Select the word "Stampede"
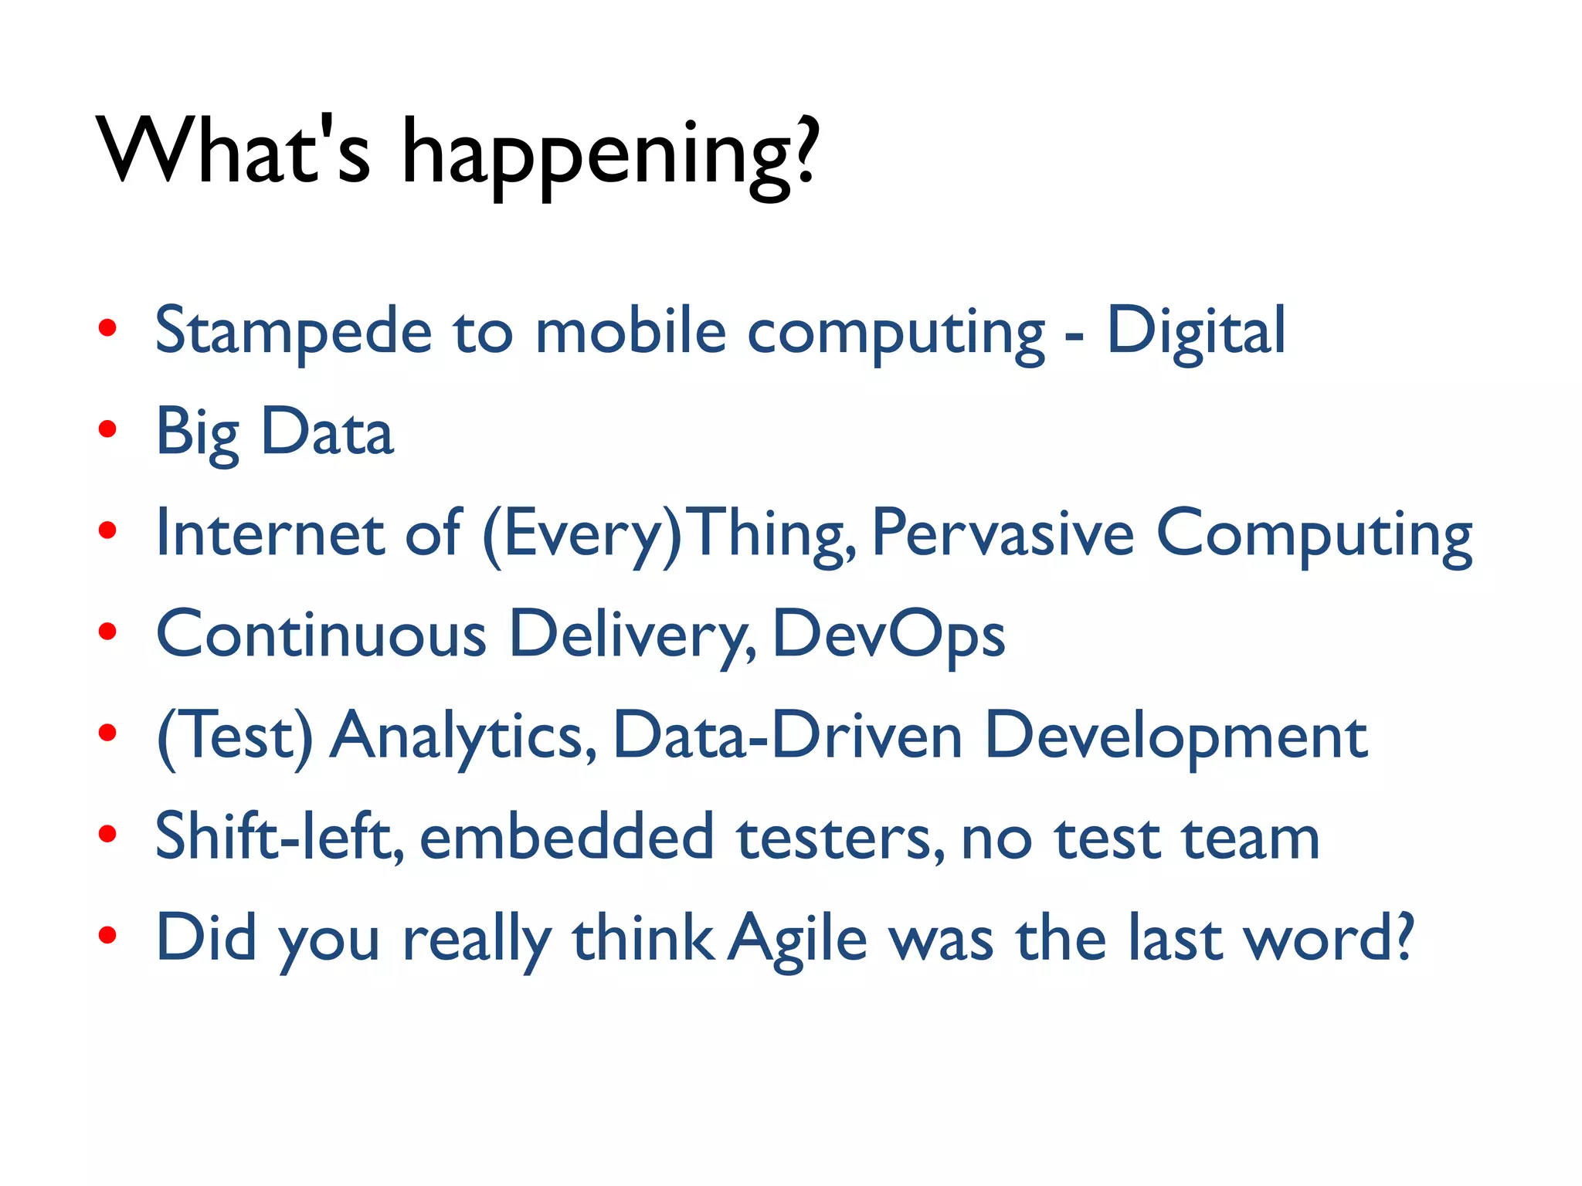(294, 332)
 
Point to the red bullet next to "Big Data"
(107, 429)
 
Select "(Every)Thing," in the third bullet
(669, 534)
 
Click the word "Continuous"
(321, 635)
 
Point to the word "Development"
(1176, 738)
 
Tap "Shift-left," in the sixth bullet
(280, 837)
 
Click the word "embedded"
(567, 837)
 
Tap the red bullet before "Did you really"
(107, 936)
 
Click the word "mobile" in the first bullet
(630, 332)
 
